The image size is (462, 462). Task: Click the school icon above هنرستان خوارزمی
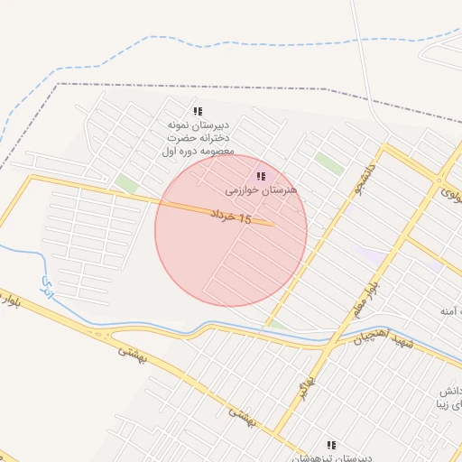(261, 176)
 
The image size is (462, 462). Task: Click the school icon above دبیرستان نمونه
(198, 111)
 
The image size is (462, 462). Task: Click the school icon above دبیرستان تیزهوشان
(331, 445)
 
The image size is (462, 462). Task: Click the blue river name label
(46, 288)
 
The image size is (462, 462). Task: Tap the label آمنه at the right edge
(450, 310)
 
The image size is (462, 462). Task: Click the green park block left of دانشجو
(329, 164)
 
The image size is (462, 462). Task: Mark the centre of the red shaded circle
(231, 231)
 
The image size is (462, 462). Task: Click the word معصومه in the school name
(214, 151)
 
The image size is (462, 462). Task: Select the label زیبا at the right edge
(449, 407)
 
